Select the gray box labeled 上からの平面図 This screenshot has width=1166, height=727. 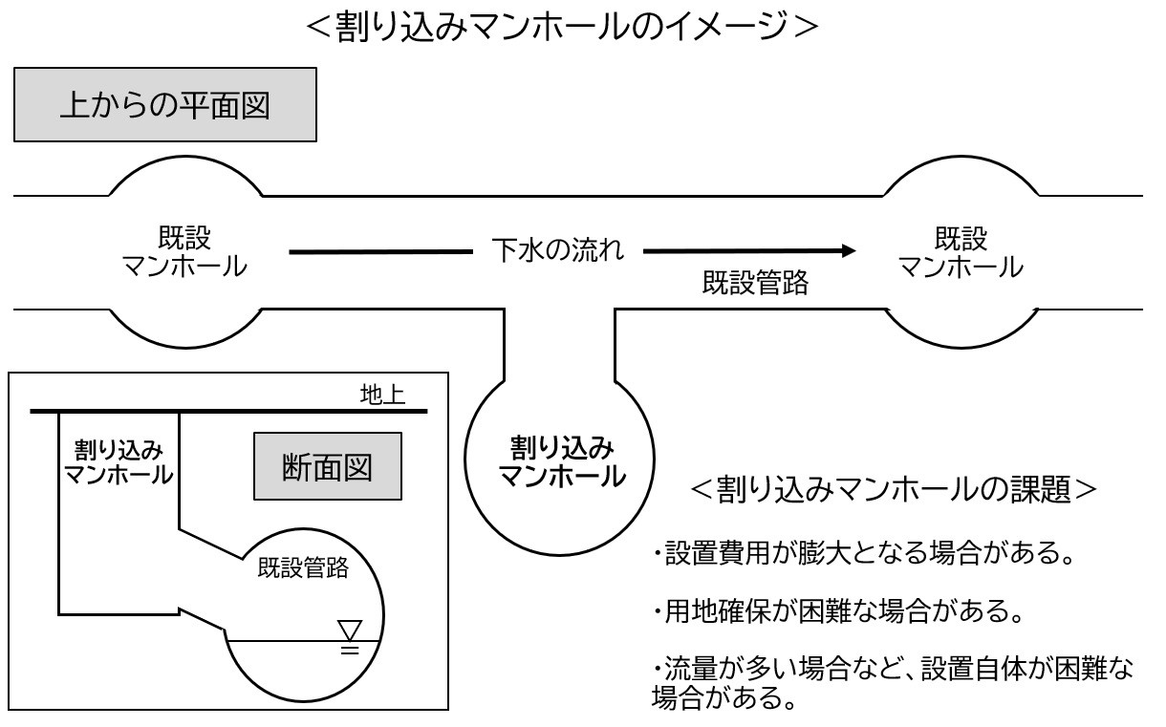coord(164,105)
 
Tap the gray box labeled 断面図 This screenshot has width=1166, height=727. coord(327,466)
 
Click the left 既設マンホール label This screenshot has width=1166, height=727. coord(184,252)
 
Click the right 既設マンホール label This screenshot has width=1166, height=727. coord(961,252)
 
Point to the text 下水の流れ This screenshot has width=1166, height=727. coord(558,252)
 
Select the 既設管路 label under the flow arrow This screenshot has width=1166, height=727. coord(755,283)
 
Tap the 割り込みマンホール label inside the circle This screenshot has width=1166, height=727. coord(561,460)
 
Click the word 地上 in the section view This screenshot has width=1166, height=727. coord(381,396)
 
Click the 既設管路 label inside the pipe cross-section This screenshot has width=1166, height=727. coord(303,569)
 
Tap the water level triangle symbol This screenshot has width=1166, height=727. coord(351,631)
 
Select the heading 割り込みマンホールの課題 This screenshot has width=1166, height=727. coord(893,488)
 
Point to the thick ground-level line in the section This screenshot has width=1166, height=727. coord(229,412)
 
